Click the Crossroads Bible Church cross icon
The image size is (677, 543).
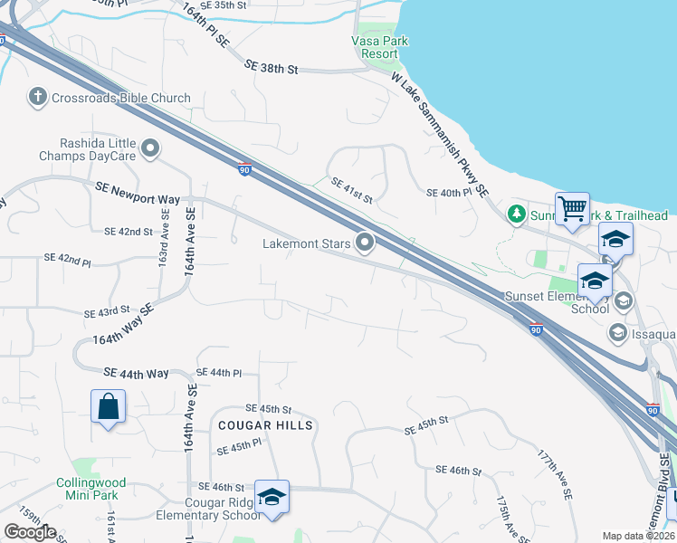[37, 98]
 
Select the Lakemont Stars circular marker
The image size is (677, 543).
[365, 243]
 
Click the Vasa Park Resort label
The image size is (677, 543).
[375, 47]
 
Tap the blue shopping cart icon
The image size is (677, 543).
[572, 209]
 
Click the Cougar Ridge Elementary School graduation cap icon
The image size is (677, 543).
[272, 498]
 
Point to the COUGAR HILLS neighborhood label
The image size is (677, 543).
[264, 425]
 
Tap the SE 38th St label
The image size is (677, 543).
[272, 66]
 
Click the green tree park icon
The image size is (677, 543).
[516, 215]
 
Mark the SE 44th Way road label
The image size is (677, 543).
[136, 373]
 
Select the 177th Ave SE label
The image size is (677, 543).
[555, 474]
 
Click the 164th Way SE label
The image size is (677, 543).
[123, 325]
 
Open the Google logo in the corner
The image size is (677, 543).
[30, 531]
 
